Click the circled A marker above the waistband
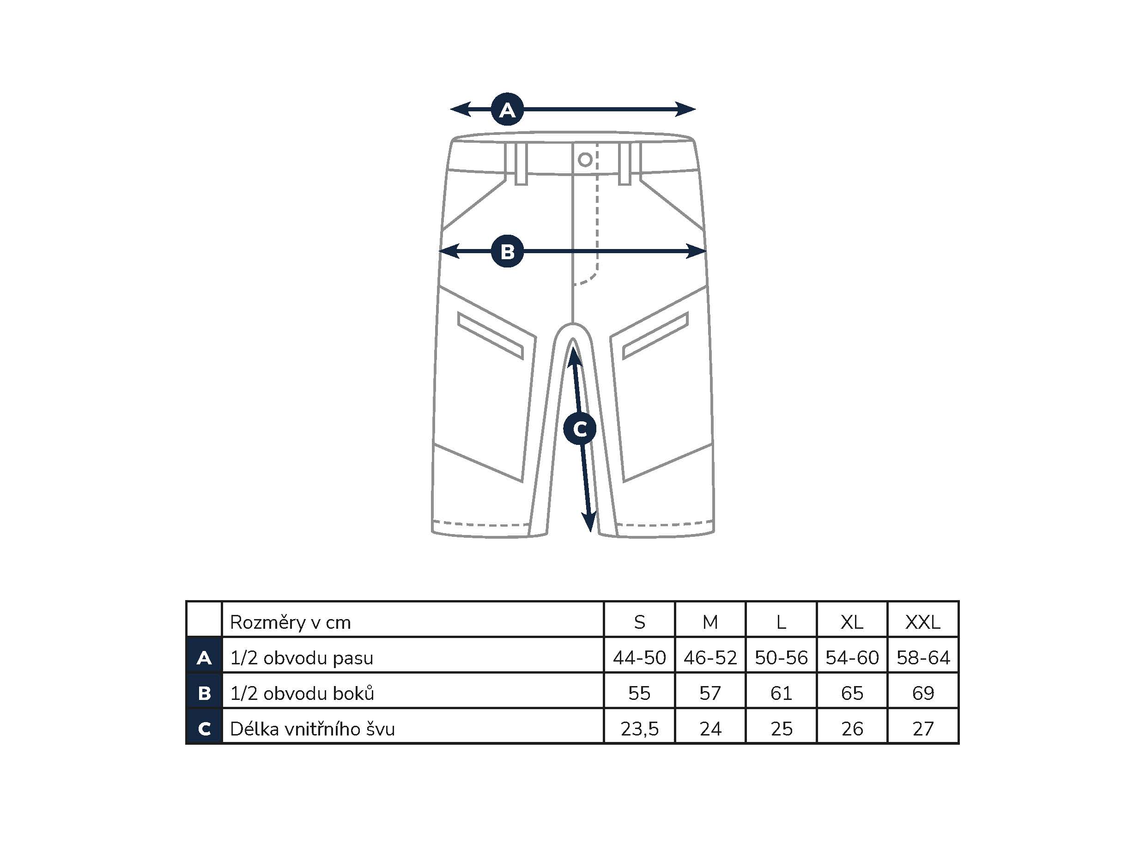pos(507,109)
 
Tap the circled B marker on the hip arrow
pos(507,251)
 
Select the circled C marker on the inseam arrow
pos(580,429)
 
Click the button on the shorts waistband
pos(585,159)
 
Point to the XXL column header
pos(923,622)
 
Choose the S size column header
pos(639,622)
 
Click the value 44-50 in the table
pos(639,657)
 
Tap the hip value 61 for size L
pos(781,693)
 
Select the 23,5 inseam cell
pos(639,729)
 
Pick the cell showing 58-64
pos(923,657)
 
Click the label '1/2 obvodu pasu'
pos(302,657)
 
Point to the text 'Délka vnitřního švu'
pos(312,729)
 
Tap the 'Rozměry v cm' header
pos(290,622)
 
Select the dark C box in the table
pos(204,729)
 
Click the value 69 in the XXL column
pos(923,693)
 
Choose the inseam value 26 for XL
pos(852,729)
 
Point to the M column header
pos(710,622)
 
